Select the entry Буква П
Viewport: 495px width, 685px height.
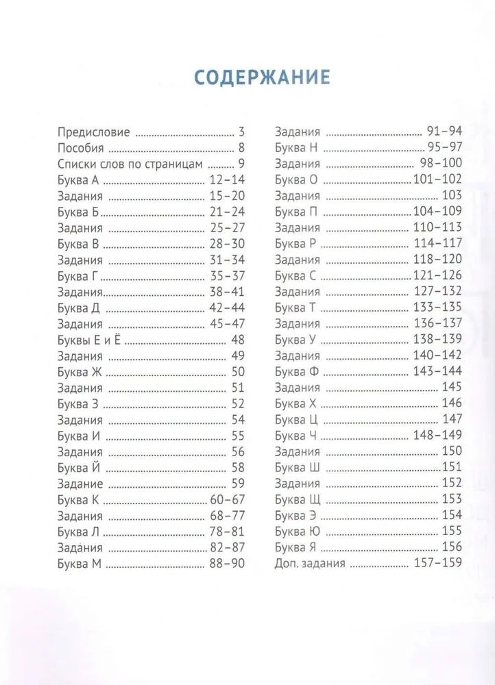pos(297,212)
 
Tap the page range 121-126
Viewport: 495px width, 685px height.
pos(437,276)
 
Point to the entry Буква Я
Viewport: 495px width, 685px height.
pos(295,548)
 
